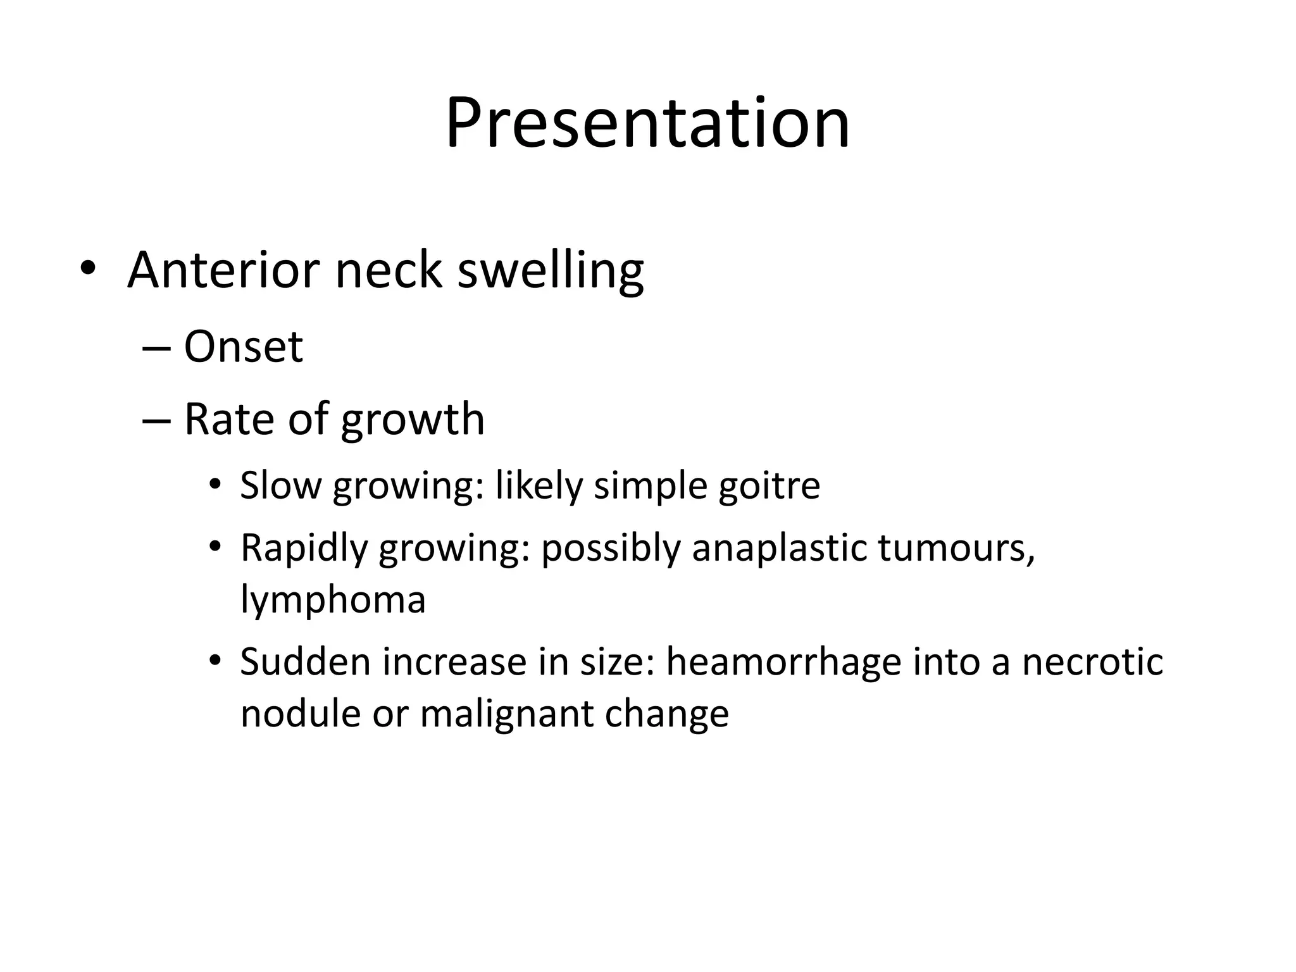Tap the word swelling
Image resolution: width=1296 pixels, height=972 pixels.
550,271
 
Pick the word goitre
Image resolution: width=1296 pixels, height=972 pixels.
769,487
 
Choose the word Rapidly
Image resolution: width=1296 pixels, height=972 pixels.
304,548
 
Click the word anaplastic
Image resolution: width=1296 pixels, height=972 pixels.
779,548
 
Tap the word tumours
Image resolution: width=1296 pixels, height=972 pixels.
956,548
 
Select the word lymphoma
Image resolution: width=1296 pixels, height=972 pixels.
333,600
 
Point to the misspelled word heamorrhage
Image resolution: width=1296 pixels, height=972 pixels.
783,662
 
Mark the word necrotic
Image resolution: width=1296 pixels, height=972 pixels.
1092,662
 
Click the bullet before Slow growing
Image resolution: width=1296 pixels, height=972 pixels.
215,485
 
